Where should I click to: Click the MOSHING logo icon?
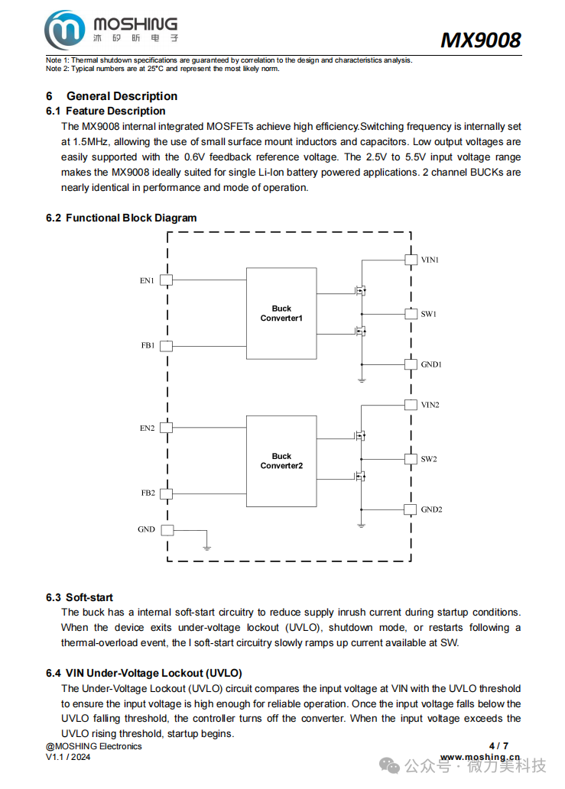tap(65, 31)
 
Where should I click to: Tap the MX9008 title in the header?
tap(480, 40)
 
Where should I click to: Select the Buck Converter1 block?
tap(281, 313)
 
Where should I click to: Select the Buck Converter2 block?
tap(281, 461)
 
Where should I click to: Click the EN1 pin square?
tap(166, 280)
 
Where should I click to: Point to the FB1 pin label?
tap(148, 346)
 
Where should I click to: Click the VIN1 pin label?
tap(430, 260)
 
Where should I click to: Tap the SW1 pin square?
tap(411, 314)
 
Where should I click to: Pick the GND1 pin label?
tap(431, 364)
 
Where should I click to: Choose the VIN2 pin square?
tap(411, 405)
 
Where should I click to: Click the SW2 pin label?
tap(429, 459)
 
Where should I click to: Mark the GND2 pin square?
tap(411, 509)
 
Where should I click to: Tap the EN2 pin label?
tap(147, 428)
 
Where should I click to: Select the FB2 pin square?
tap(166, 493)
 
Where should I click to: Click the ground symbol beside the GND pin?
tap(206, 546)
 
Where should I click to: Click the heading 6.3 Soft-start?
tap(80, 597)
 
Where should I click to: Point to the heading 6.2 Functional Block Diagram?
tap(121, 218)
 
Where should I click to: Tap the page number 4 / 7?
tap(498, 745)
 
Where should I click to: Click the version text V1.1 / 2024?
tap(68, 757)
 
